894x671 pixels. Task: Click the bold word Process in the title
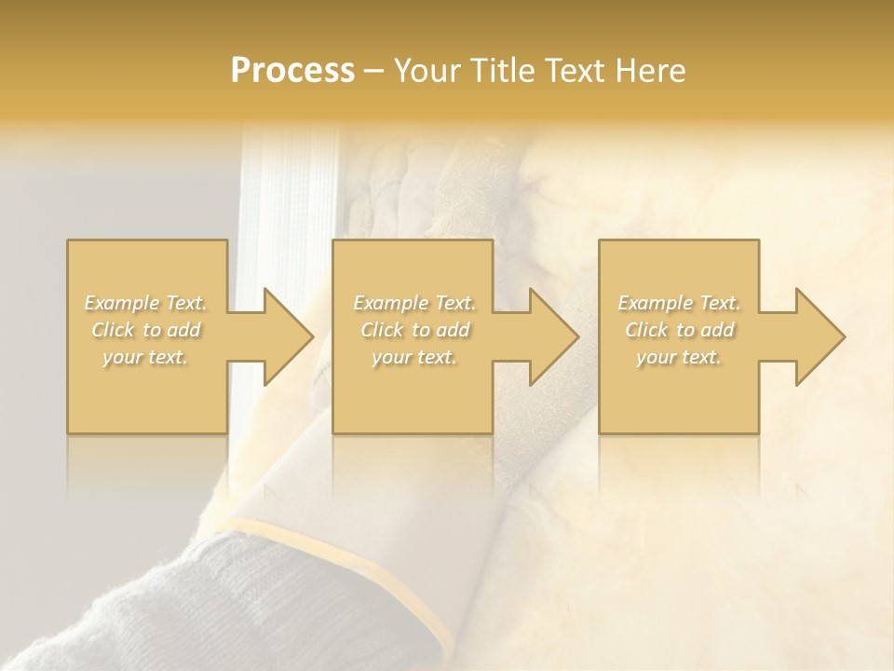[x=292, y=71]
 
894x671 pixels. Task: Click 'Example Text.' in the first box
[x=145, y=303]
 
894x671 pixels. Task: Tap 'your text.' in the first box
[x=145, y=357]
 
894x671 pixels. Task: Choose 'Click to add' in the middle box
[x=414, y=330]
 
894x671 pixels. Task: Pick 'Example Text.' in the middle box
[x=414, y=303]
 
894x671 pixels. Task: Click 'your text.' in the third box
[x=679, y=357]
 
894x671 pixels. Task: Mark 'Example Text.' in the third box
[x=679, y=303]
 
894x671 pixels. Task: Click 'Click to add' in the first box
[x=145, y=330]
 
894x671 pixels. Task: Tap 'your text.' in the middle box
[x=414, y=357]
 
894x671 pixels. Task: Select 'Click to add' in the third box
[x=679, y=330]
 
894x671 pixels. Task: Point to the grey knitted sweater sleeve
[x=186, y=606]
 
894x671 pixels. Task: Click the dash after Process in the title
[x=374, y=72]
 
